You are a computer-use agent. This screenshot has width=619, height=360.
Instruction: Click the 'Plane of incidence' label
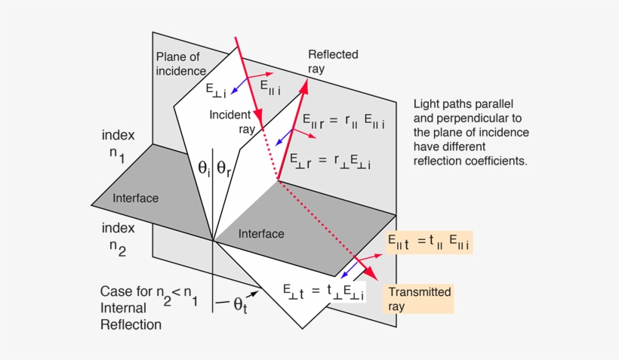click(x=180, y=64)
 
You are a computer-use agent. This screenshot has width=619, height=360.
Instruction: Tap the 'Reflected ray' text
click(x=332, y=61)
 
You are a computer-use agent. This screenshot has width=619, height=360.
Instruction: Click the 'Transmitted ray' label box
click(x=419, y=299)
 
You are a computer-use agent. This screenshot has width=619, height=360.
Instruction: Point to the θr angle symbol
click(x=225, y=168)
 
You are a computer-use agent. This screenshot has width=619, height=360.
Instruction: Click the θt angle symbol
click(x=239, y=306)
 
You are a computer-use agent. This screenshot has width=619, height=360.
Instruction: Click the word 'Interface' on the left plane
click(x=135, y=198)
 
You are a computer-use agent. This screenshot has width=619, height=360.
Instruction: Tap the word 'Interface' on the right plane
click(x=261, y=234)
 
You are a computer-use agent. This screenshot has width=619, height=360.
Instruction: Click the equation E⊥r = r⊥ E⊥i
click(x=331, y=162)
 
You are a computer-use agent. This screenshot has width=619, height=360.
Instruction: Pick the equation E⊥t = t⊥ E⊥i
click(x=323, y=291)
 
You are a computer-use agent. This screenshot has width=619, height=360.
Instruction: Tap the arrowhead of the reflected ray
click(x=307, y=85)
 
